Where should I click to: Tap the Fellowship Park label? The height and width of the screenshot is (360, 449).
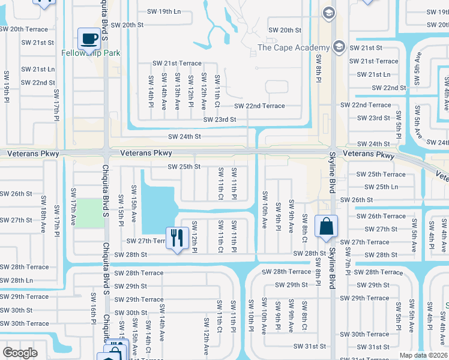coord(91,53)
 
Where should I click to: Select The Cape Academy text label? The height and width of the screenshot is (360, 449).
coord(294,47)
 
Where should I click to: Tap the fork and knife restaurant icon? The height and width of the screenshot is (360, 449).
coord(176,238)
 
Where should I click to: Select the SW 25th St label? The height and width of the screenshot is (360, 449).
coord(183,166)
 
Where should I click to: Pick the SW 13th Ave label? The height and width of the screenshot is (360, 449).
coord(177,92)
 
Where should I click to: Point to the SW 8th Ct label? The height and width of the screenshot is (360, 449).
coord(304,229)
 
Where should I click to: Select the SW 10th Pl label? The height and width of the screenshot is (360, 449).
coord(250,321)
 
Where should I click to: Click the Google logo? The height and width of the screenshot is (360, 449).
coord(20,353)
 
